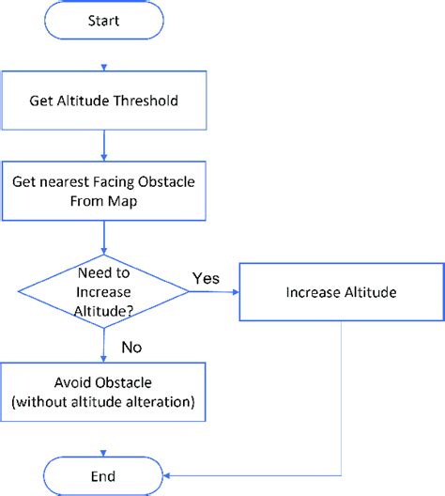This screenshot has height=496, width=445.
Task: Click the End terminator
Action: click(x=102, y=475)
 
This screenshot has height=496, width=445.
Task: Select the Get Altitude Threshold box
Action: click(x=103, y=101)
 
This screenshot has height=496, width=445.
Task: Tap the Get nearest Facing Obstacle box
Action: click(x=103, y=190)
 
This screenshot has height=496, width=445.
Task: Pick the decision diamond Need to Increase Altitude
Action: click(x=103, y=292)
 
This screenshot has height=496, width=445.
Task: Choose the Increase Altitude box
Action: click(x=341, y=292)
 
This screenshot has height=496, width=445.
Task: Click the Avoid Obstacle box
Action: click(x=103, y=393)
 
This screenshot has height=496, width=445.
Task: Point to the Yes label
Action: click(x=207, y=278)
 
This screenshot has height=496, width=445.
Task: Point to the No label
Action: click(x=131, y=348)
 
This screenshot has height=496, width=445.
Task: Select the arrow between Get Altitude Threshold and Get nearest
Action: click(x=103, y=146)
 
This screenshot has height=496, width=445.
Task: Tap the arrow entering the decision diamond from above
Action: click(x=103, y=237)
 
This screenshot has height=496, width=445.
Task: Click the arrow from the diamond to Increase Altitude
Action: click(x=215, y=292)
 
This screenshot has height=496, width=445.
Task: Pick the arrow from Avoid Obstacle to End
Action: click(x=103, y=438)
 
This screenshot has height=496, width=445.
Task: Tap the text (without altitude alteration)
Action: click(x=103, y=402)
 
